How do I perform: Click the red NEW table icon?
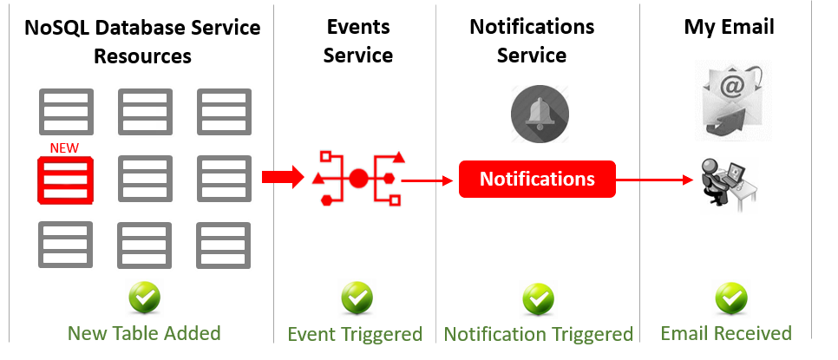coord(65,180)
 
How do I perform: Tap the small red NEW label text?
coord(64,148)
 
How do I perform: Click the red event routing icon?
coord(358,179)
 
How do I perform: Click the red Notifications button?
coord(537,180)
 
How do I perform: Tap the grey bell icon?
coord(540,114)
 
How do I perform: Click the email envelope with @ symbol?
coord(732,99)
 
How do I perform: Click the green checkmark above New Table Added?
coord(145,298)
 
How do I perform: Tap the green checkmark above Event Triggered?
coord(356,298)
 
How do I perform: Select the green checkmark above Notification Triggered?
coord(539,299)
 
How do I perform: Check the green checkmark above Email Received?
coord(731,299)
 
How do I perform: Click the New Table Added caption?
coord(144,333)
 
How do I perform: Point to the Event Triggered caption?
coord(355,334)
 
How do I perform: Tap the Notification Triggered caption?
coord(539,334)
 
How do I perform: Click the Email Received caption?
coord(726,333)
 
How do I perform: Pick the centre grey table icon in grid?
coord(145,180)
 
